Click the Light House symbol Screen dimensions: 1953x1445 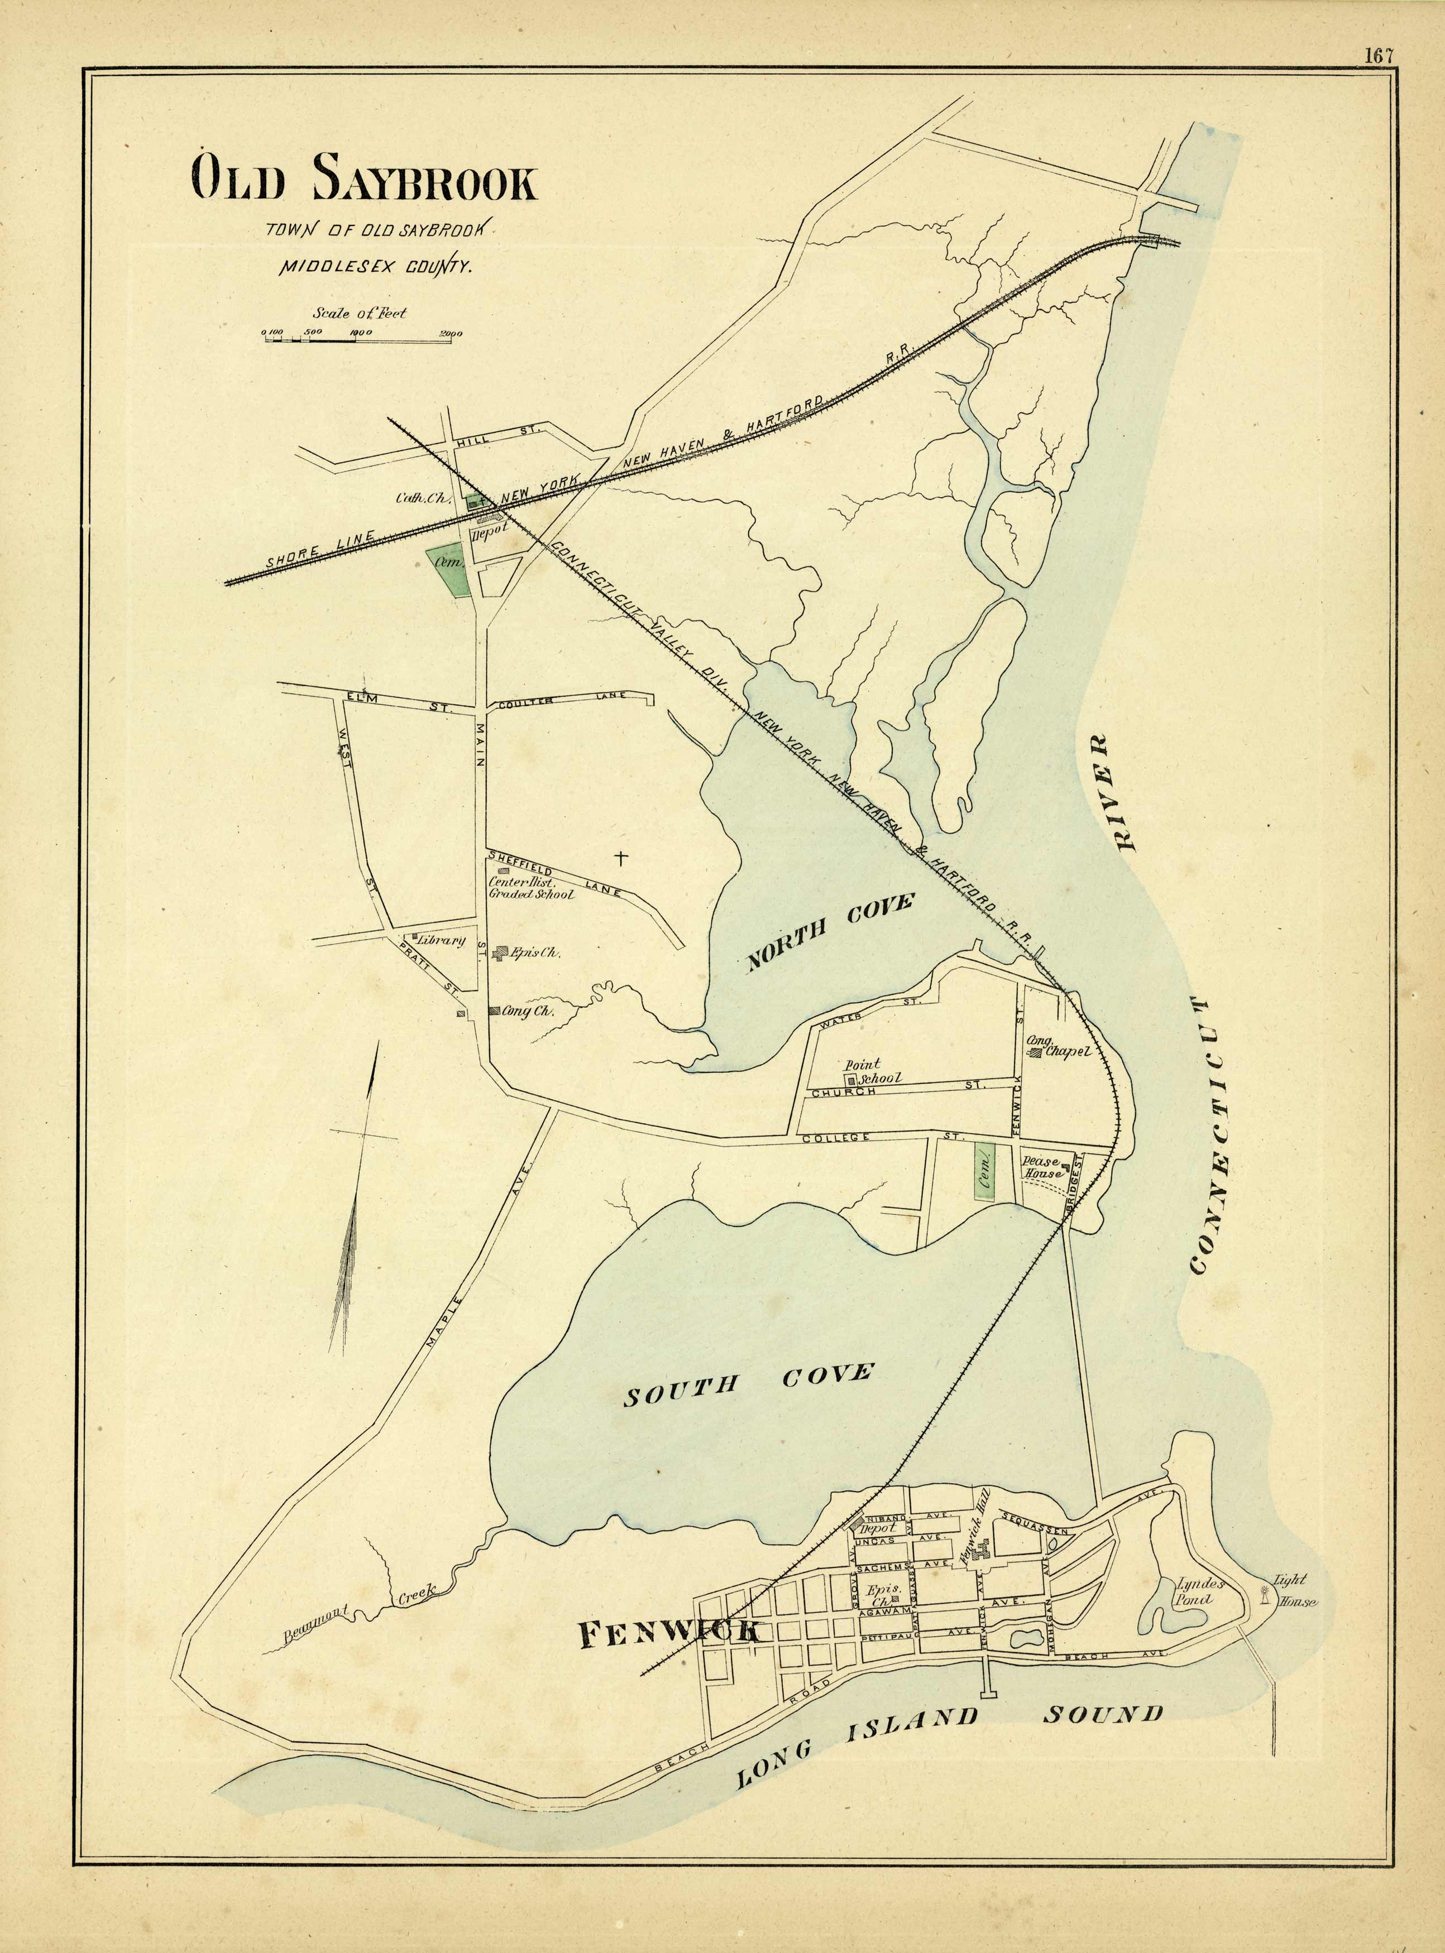1263,1595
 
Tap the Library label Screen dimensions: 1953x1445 440,941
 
